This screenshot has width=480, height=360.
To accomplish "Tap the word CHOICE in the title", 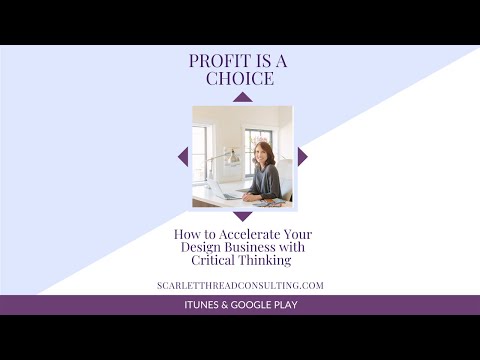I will (240, 78).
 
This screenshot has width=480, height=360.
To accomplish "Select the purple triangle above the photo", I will (242, 97).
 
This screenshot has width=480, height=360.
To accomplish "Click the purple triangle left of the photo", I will (183, 156).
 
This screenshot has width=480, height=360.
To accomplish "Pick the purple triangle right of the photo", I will (301, 156).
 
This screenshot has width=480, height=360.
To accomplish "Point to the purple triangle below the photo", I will (242, 215).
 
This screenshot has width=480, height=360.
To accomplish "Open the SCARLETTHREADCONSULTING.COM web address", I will (240, 285).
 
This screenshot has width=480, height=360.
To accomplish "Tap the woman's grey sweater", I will (267, 180).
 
